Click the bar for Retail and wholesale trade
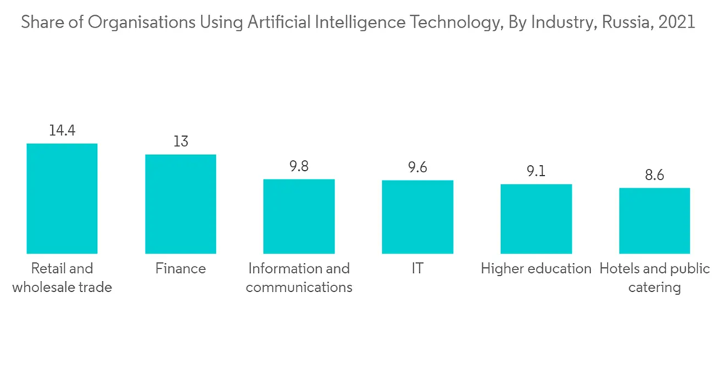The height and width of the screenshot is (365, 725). [x=62, y=198]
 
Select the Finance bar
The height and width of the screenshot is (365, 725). [x=181, y=204]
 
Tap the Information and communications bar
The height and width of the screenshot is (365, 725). [x=299, y=216]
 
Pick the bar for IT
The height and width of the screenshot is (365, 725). [x=418, y=217]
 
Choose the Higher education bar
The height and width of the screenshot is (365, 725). [x=536, y=218]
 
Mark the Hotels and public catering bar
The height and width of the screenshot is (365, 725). [x=654, y=220]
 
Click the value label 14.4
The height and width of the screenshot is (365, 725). [x=62, y=131]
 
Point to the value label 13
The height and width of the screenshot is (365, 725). [x=181, y=142]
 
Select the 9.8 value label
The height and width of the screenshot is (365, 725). [x=299, y=167]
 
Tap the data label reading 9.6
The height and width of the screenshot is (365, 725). [x=418, y=168]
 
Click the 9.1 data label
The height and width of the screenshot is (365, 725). [x=536, y=172]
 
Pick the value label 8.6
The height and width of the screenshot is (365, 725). [x=654, y=175]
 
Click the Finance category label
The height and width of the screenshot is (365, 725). [x=181, y=269]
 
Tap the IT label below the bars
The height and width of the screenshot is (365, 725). [x=417, y=269]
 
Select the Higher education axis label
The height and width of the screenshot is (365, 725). [x=536, y=269]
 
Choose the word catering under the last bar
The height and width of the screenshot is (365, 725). [x=654, y=288]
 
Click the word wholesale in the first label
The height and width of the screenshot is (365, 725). [x=43, y=288]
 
